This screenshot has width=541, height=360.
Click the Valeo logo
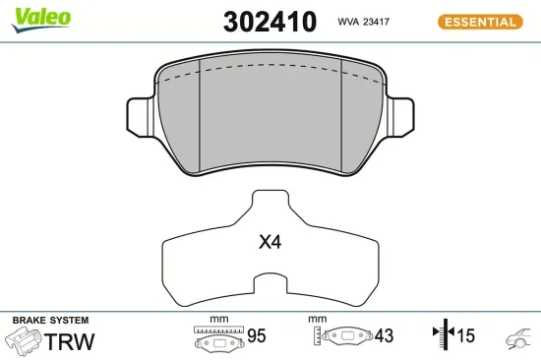[x=41, y=17]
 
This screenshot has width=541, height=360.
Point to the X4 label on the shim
[x=270, y=241]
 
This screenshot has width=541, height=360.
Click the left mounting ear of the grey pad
[x=140, y=111]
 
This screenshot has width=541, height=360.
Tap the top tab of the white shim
[x=270, y=203]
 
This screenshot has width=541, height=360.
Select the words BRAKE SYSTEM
[x=50, y=321]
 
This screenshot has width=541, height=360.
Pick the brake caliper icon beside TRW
[x=24, y=341]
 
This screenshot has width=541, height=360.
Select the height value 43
[x=383, y=337]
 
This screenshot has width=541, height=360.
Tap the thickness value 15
[x=464, y=337]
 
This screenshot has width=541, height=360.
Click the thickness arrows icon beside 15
[x=440, y=337]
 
